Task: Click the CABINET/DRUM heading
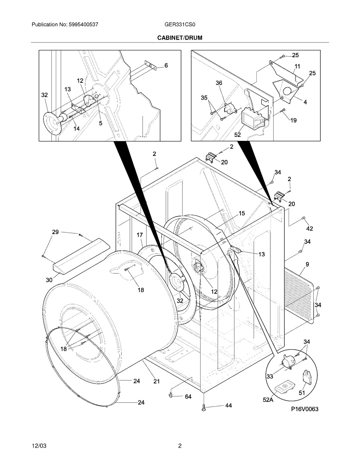[180, 38]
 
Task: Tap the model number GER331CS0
[180, 24]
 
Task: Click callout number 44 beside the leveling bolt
[229, 405]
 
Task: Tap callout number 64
[188, 397]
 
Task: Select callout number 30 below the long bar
[49, 280]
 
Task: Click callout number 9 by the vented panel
[307, 264]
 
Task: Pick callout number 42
[310, 229]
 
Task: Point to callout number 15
[242, 213]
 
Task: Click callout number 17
[140, 235]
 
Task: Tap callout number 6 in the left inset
[166, 66]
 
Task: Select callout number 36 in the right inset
[219, 83]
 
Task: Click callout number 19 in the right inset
[293, 120]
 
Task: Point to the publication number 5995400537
[84, 24]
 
